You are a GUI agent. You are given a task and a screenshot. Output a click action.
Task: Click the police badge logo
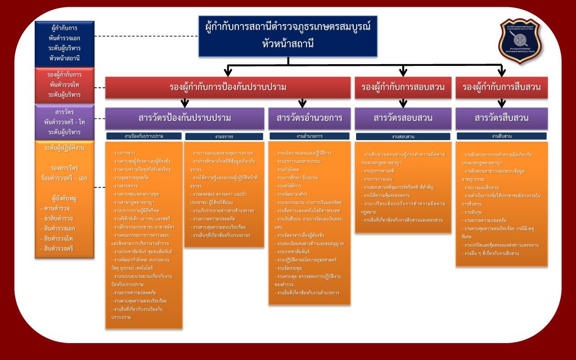click(523, 42)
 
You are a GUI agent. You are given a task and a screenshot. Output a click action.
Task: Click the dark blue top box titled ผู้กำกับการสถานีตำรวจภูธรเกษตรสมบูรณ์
click(287, 35)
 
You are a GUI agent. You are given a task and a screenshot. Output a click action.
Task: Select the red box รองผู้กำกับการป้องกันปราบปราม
click(227, 87)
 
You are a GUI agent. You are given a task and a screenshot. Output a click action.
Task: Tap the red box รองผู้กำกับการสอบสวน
click(403, 87)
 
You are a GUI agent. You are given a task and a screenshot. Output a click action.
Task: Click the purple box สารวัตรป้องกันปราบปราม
click(184, 118)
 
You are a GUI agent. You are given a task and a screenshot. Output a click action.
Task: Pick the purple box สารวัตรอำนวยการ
click(309, 118)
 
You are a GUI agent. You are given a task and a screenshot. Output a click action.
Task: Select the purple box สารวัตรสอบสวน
click(403, 118)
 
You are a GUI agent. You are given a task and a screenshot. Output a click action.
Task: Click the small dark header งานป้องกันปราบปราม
click(144, 136)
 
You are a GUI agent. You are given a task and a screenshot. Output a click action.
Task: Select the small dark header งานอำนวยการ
click(309, 136)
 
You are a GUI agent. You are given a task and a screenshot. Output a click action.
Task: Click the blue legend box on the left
click(64, 43)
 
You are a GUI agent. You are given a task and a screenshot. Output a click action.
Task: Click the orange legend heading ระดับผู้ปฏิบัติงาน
click(64, 147)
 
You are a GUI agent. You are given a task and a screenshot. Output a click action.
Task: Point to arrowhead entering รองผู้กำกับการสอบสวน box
click(403, 73)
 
